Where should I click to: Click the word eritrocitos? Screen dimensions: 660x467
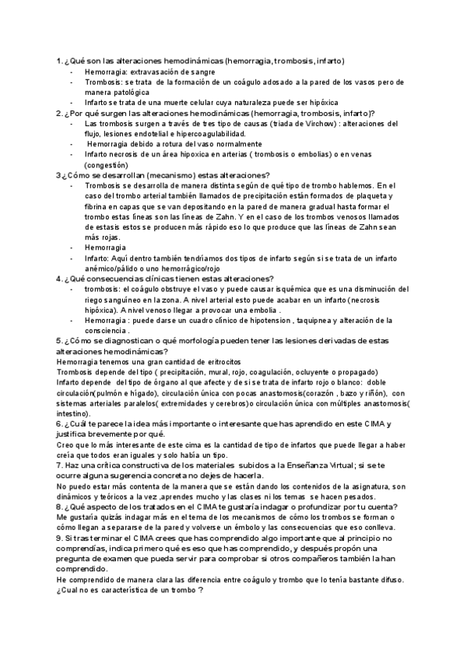pyautogui.click(x=215, y=362)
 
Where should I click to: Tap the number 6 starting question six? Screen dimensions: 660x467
pyautogui.click(x=58, y=423)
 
